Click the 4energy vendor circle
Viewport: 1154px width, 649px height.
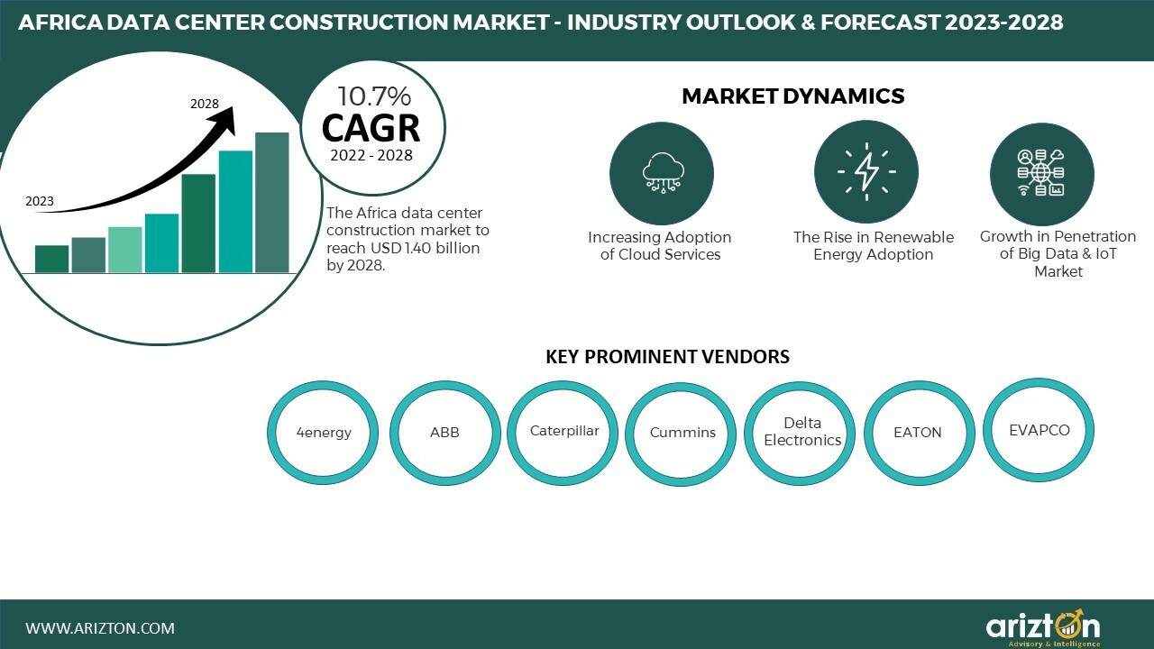pyautogui.click(x=324, y=433)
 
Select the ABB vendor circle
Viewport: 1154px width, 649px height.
pyautogui.click(x=444, y=433)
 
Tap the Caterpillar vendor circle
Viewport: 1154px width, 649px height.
pyautogui.click(x=564, y=431)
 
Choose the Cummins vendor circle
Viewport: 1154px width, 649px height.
pyautogui.click(x=682, y=433)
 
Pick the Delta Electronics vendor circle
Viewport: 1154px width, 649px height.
pyautogui.click(x=801, y=432)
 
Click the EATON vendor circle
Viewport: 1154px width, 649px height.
pyautogui.click(x=918, y=433)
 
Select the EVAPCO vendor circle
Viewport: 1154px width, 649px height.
pyautogui.click(x=1040, y=430)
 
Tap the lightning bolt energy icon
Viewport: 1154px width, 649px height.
pyautogui.click(x=866, y=172)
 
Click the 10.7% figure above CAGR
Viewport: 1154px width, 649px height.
pyautogui.click(x=373, y=96)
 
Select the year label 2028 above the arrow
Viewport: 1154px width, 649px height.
pyautogui.click(x=205, y=104)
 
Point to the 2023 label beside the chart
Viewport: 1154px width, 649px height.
pyautogui.click(x=40, y=201)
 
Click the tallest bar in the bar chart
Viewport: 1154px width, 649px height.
pyautogui.click(x=271, y=203)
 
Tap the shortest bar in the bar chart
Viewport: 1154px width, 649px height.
pyautogui.click(x=52, y=259)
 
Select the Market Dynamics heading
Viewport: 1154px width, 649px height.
pyautogui.click(x=792, y=96)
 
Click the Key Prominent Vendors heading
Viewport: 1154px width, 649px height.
pyautogui.click(x=667, y=357)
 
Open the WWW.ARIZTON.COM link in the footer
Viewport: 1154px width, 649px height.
pyautogui.click(x=100, y=628)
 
